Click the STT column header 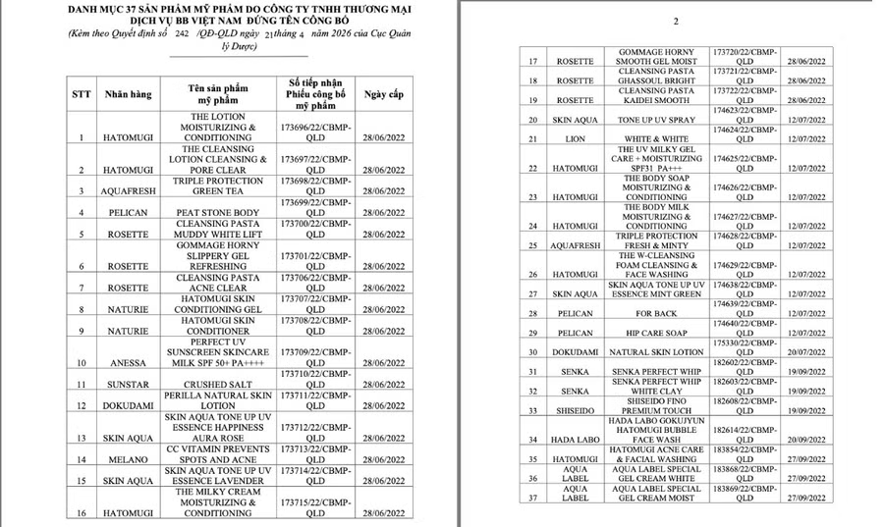coord(82,95)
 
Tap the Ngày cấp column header coord(383,95)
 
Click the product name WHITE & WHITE coord(656,139)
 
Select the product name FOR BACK coord(656,314)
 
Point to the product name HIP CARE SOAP coord(656,334)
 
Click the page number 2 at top coord(676,21)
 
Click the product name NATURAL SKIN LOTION coord(656,352)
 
